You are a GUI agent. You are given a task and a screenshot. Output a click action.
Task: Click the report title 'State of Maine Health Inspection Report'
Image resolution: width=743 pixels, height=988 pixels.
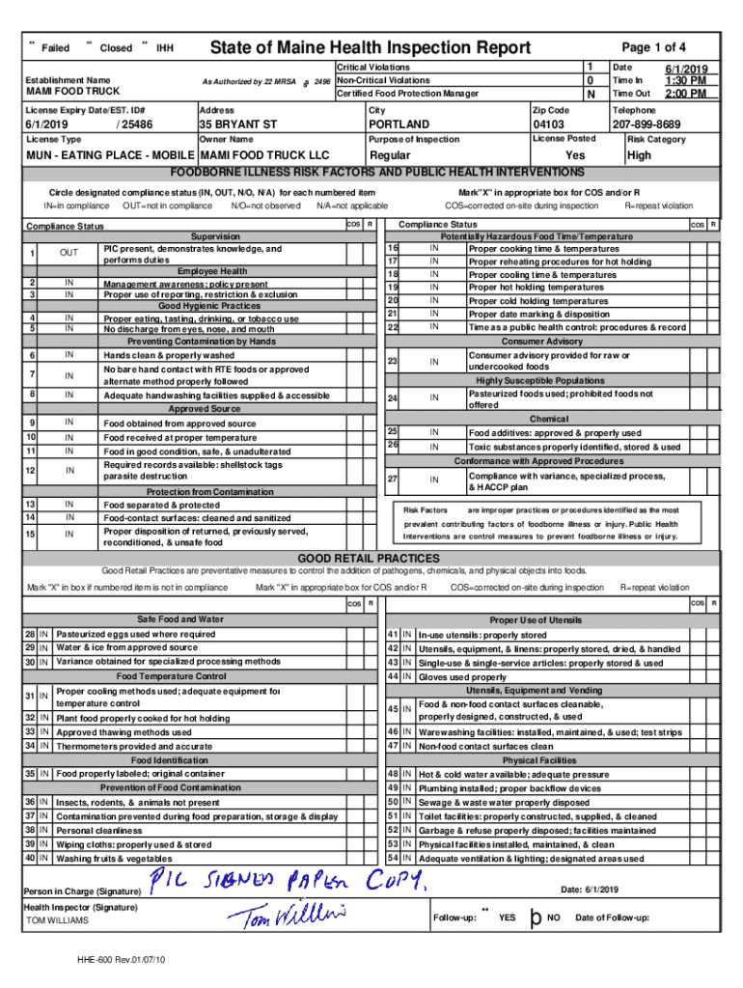(x=371, y=48)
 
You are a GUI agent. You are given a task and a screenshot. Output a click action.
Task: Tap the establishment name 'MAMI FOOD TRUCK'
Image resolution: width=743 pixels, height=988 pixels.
(x=72, y=92)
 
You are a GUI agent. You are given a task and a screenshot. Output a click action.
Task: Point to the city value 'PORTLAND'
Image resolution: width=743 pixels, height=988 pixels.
(x=399, y=124)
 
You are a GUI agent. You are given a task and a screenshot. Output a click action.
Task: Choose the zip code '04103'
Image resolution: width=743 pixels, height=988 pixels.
(x=548, y=124)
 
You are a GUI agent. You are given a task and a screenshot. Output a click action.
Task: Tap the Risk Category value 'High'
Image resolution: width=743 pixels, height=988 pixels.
(x=639, y=154)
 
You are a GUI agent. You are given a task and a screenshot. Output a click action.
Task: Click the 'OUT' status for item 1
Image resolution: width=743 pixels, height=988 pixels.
(x=69, y=253)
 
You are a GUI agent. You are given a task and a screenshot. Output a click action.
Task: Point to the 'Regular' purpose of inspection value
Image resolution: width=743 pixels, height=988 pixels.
(x=390, y=154)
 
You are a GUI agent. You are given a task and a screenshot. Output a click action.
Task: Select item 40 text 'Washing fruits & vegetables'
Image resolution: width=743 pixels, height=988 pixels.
(x=114, y=858)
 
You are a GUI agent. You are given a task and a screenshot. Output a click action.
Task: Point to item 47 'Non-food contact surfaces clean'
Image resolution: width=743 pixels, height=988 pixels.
(x=485, y=746)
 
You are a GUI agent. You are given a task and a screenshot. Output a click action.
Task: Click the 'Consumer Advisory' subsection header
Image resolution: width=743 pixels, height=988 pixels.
(x=541, y=342)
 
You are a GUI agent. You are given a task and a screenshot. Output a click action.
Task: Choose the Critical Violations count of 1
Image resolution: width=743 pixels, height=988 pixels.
(x=590, y=67)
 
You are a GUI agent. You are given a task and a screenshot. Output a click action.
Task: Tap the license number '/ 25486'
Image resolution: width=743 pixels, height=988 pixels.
(x=132, y=124)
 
